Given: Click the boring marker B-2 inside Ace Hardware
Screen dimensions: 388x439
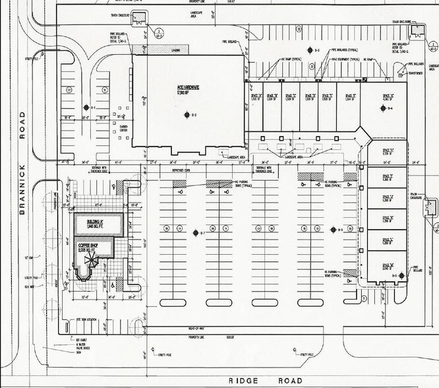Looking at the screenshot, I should click(x=185, y=115).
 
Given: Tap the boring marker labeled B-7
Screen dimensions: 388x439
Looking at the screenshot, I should click(x=195, y=233).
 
